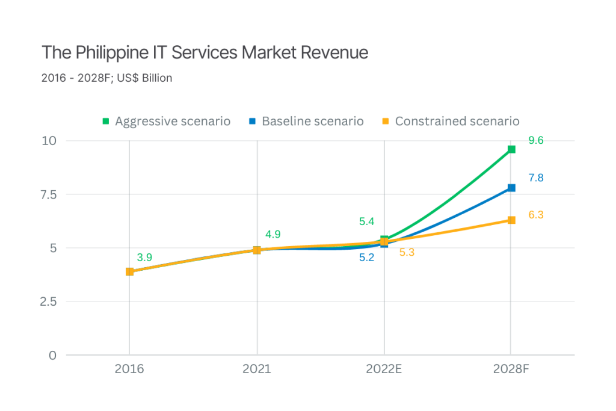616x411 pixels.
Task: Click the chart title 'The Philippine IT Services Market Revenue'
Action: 205,53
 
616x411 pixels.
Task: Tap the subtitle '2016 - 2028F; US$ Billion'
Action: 107,78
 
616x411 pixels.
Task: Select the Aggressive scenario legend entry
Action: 167,122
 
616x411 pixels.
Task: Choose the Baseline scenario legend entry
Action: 307,122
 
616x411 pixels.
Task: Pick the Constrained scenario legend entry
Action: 451,122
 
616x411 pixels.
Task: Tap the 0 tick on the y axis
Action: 53,355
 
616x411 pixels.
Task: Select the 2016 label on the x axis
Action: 129,369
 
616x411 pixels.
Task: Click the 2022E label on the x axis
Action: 384,369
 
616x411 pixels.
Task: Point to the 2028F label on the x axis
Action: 511,369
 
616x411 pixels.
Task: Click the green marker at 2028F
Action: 511,149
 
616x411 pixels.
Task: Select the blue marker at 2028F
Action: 511,188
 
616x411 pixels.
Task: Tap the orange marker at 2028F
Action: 511,220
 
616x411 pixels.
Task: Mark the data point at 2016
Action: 129,271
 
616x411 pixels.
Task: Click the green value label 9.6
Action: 536,141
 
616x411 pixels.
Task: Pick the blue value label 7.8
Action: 536,178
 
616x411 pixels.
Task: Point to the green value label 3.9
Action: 144,258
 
